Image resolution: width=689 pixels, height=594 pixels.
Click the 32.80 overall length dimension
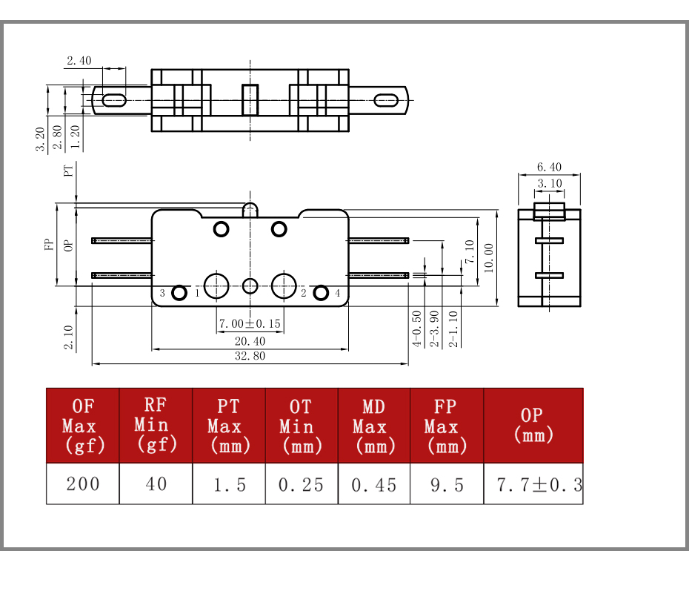click(250, 356)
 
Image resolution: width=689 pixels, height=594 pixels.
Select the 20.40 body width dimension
click(250, 341)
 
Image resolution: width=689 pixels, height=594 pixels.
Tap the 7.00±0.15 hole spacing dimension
click(250, 324)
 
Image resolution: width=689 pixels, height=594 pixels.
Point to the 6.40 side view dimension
click(549, 167)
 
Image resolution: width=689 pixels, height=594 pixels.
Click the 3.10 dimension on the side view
click(549, 183)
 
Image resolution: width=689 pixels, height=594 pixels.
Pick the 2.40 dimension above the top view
click(79, 61)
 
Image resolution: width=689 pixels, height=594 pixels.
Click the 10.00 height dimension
click(489, 258)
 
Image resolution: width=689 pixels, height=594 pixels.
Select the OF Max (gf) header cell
click(83, 426)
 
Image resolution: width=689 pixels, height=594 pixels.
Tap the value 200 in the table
click(83, 484)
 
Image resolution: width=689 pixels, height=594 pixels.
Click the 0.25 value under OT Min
click(301, 485)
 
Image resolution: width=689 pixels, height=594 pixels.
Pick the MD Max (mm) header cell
click(374, 426)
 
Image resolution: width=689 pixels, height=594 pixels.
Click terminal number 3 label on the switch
click(162, 293)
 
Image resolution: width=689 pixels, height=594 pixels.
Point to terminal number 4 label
click(338, 293)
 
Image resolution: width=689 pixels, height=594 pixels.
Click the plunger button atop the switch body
click(250, 209)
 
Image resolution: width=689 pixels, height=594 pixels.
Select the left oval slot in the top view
click(114, 100)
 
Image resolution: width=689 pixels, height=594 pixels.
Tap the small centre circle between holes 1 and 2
click(250, 286)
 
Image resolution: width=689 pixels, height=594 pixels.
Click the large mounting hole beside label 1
click(216, 286)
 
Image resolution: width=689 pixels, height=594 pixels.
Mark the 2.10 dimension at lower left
click(68, 337)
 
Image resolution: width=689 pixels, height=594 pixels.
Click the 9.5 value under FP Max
click(447, 485)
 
